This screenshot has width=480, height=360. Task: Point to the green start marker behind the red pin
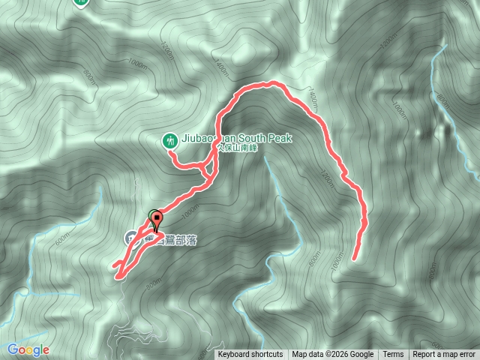tap(154, 214)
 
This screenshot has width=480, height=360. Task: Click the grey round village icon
tap(130, 238)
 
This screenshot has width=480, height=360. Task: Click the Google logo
tap(28, 349)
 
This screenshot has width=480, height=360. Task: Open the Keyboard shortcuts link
tap(250, 355)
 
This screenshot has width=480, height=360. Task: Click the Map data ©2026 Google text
tap(332, 355)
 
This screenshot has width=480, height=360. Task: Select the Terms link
tap(392, 355)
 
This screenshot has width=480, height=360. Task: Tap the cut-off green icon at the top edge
tap(79, 3)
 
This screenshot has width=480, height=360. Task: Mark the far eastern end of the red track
tap(352, 259)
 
